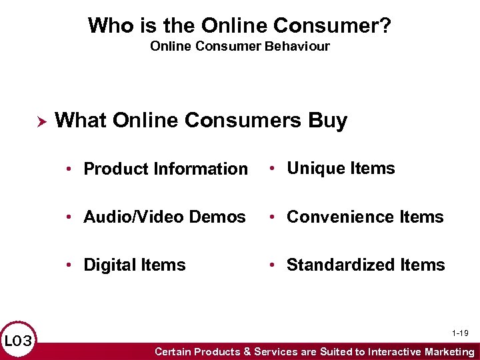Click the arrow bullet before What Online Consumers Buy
(x=40, y=121)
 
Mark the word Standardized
(x=341, y=265)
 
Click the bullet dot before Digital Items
(x=69, y=265)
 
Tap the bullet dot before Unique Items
(x=273, y=169)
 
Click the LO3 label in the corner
(x=18, y=342)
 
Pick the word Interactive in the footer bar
(x=391, y=351)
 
